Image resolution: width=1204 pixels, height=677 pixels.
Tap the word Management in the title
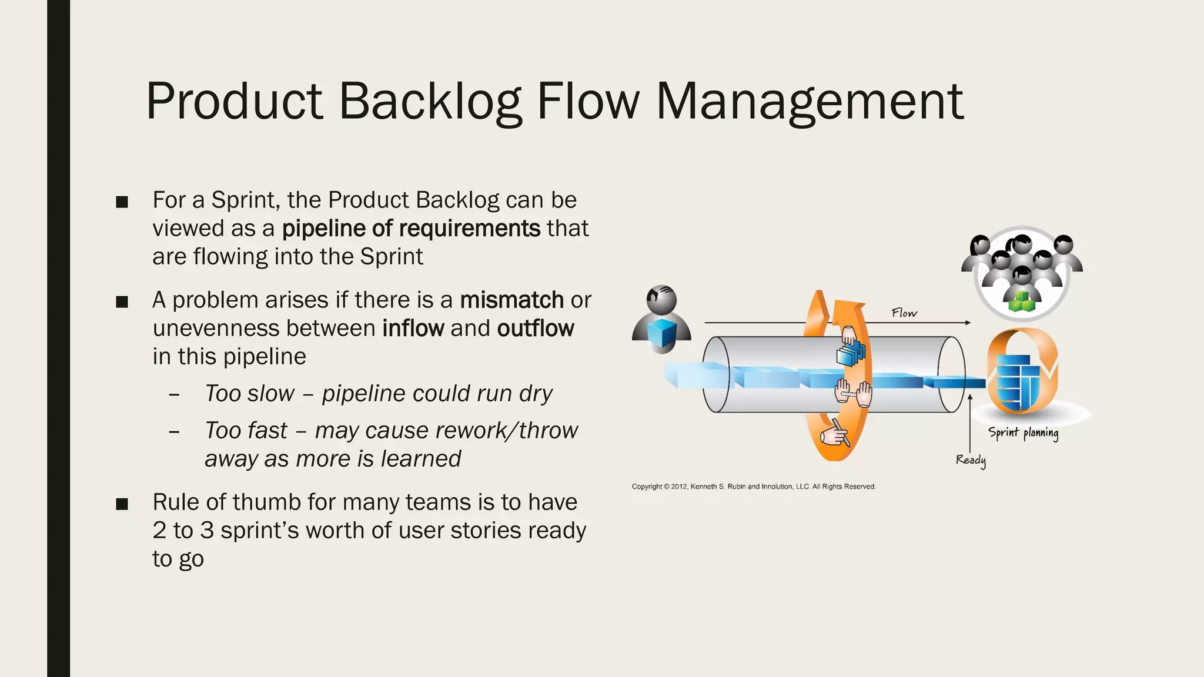(x=810, y=101)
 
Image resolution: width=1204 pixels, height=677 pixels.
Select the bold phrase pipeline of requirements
(x=411, y=228)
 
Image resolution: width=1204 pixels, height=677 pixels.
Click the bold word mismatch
(x=511, y=300)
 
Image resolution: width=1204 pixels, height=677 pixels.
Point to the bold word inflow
(x=413, y=328)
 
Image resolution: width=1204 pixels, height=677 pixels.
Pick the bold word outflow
(x=535, y=328)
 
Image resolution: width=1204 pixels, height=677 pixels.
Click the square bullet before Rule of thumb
(x=122, y=504)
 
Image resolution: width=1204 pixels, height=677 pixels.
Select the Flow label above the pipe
(x=904, y=313)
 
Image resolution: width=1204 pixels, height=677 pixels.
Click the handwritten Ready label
(x=971, y=460)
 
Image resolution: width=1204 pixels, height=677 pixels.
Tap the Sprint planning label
(x=1023, y=433)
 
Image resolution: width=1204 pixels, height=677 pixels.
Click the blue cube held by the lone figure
(x=661, y=333)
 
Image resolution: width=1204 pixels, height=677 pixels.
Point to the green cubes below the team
(x=1022, y=301)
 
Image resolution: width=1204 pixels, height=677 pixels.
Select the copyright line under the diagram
(x=753, y=487)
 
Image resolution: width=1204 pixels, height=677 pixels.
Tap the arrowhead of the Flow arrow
(x=967, y=323)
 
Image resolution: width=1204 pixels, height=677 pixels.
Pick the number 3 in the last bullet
(x=206, y=530)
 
